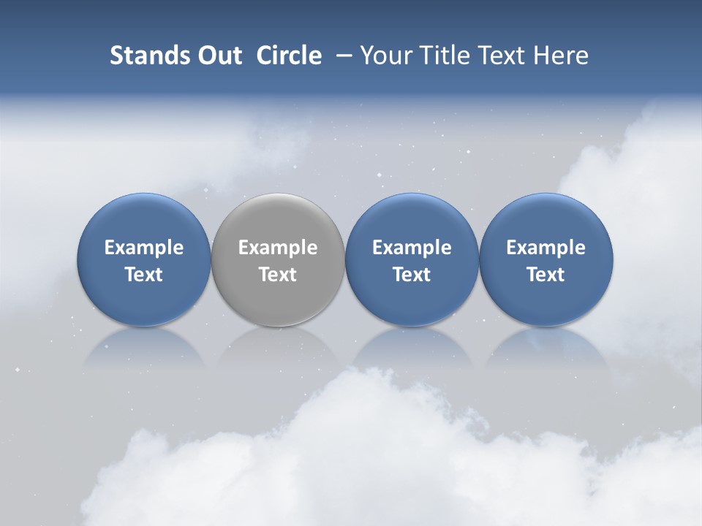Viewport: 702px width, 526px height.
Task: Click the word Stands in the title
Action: point(143,56)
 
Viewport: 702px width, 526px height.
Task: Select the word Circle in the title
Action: point(289,56)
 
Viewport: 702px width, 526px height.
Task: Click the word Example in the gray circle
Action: point(278,248)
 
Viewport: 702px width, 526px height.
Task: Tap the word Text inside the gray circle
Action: point(278,275)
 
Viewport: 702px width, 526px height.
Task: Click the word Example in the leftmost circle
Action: point(144,248)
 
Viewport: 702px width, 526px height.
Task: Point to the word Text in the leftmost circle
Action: point(144,275)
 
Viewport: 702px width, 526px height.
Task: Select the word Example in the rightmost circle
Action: point(546,248)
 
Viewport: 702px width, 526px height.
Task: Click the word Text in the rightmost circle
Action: point(546,275)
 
